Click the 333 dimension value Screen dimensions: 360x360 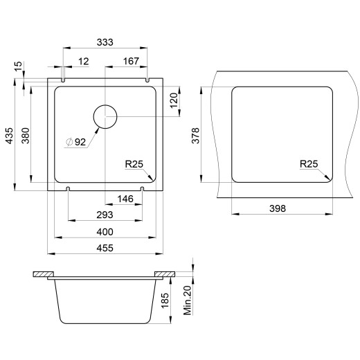click(x=105, y=42)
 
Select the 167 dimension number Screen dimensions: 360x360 click(x=131, y=61)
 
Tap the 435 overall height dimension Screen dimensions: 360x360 click(x=10, y=136)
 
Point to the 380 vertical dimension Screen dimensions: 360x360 click(x=26, y=136)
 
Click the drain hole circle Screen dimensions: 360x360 click(x=105, y=105)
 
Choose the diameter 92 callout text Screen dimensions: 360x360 click(x=75, y=142)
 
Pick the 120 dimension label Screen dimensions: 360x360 click(x=174, y=100)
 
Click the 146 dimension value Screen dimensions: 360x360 click(x=125, y=199)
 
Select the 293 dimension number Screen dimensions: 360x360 click(x=105, y=215)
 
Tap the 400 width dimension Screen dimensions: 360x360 click(x=105, y=232)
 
